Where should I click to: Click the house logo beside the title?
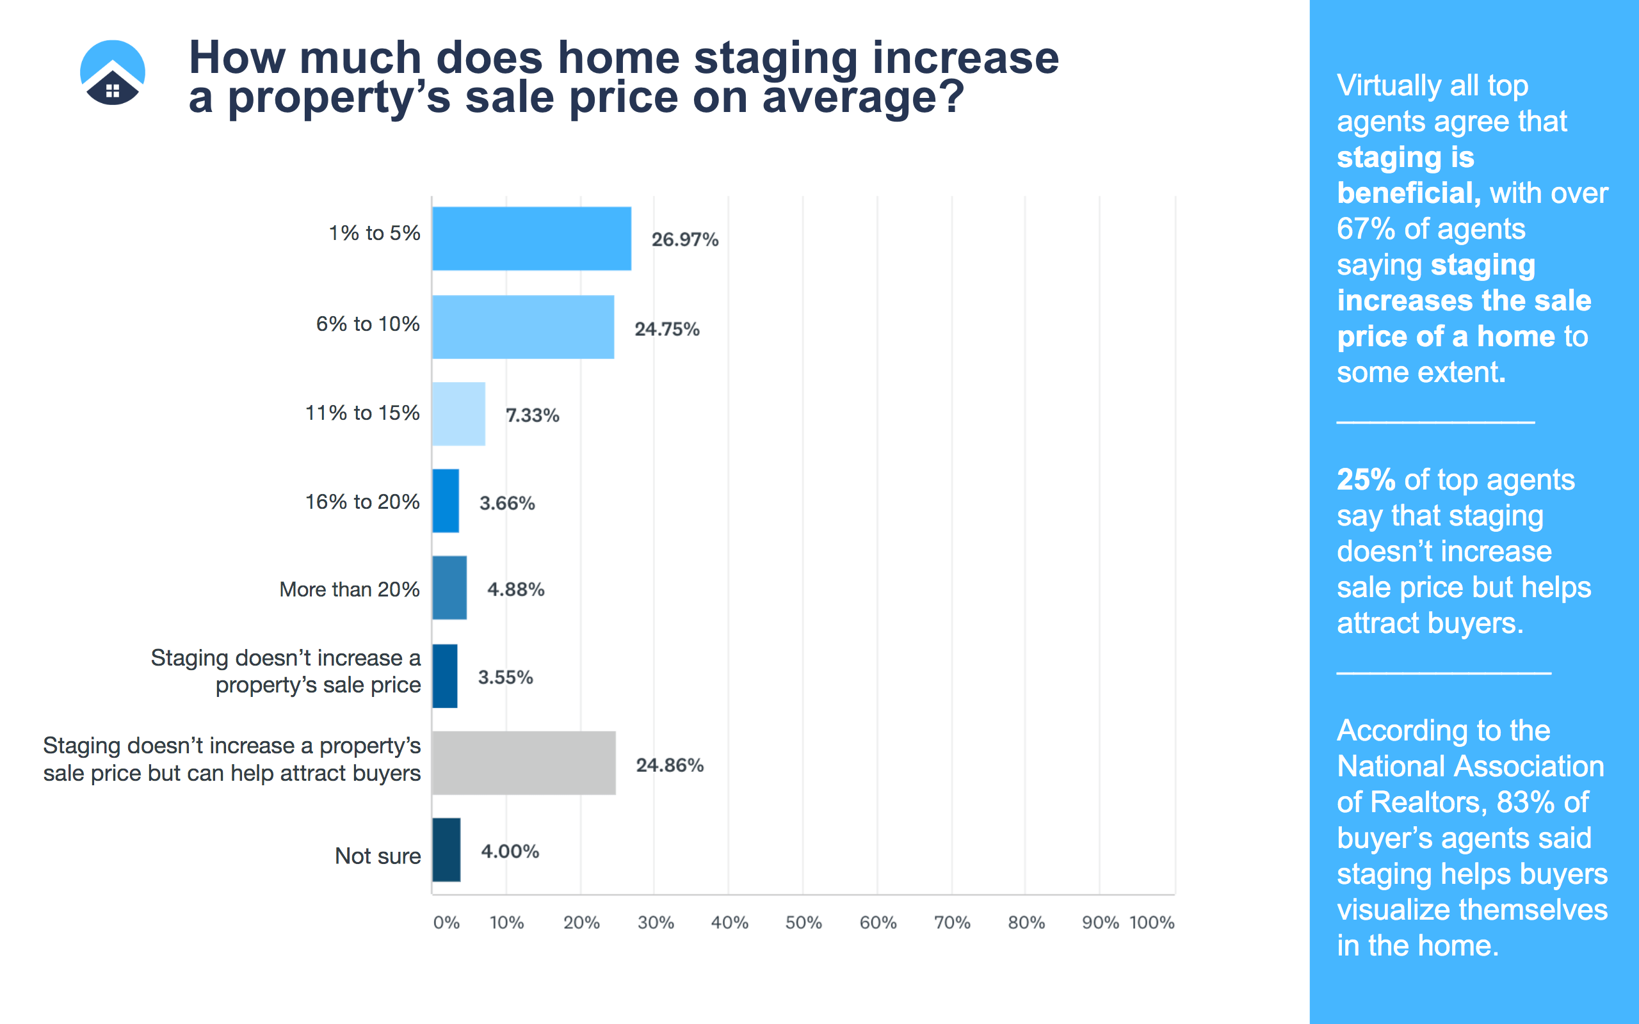pyautogui.click(x=113, y=72)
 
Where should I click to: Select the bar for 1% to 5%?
pyautogui.click(x=531, y=238)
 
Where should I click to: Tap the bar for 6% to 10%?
pyautogui.click(x=523, y=327)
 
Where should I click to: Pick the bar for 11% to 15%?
pyautogui.click(x=458, y=414)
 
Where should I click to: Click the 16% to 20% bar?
pyautogui.click(x=446, y=501)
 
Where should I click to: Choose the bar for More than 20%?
pyautogui.click(x=449, y=588)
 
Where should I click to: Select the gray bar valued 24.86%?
pyautogui.click(x=524, y=763)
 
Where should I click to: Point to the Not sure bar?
pyautogui.click(x=446, y=850)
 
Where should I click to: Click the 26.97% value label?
pyautogui.click(x=684, y=240)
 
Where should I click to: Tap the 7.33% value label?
pyautogui.click(x=532, y=415)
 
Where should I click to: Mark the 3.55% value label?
pyautogui.click(x=505, y=677)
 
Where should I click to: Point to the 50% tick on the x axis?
pyautogui.click(x=803, y=922)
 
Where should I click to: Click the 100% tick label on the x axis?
pyautogui.click(x=1152, y=922)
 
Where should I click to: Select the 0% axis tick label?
pyautogui.click(x=446, y=922)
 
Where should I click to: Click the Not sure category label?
pyautogui.click(x=378, y=856)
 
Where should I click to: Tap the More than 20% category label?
pyautogui.click(x=350, y=589)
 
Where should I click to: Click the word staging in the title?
pyautogui.click(x=776, y=58)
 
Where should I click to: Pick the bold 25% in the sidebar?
pyautogui.click(x=1366, y=479)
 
